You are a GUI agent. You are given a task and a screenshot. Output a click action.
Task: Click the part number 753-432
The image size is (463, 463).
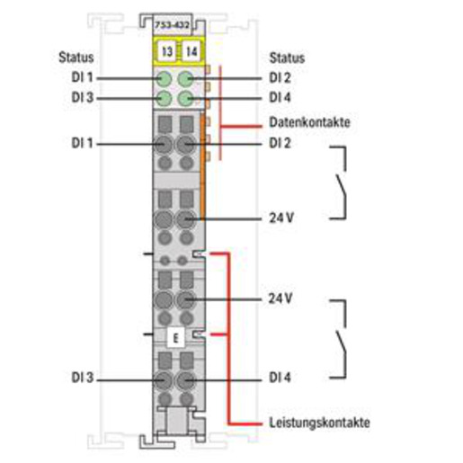[172, 25]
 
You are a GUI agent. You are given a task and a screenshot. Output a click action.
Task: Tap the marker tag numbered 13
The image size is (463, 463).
[167, 51]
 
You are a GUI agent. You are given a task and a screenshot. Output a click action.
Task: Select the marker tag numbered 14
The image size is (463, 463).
[191, 51]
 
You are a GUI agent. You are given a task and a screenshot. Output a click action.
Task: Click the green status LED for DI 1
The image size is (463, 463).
[164, 79]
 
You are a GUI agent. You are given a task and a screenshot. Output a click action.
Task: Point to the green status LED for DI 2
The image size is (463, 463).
[185, 79]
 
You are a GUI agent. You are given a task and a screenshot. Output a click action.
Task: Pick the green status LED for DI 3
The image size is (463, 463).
[164, 99]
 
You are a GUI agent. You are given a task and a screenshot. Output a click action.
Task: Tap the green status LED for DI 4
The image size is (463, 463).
[185, 99]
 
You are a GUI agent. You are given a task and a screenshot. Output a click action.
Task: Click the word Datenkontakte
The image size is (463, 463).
[309, 122]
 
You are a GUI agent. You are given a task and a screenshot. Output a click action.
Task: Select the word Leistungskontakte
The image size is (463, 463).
[319, 423]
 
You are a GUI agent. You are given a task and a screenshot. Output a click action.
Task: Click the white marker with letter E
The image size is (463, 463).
[175, 338]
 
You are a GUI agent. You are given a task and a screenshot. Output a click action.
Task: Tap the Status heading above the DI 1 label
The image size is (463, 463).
[76, 58]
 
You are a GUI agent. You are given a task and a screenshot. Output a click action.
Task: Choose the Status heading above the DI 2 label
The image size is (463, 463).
[287, 58]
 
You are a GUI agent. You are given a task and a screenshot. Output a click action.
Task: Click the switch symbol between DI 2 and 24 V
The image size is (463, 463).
[342, 183]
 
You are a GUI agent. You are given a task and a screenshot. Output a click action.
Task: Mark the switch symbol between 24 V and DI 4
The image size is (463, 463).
[342, 339]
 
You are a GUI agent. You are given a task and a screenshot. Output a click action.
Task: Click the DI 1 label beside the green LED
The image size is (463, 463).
[83, 77]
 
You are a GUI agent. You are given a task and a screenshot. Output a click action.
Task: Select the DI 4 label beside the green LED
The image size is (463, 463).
[280, 97]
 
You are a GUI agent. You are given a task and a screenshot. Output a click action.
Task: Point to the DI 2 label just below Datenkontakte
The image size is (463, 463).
[280, 143]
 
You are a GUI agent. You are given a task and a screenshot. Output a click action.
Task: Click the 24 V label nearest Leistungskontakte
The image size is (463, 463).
[280, 298]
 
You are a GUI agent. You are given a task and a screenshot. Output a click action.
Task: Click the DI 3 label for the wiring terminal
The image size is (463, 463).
[83, 378]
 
